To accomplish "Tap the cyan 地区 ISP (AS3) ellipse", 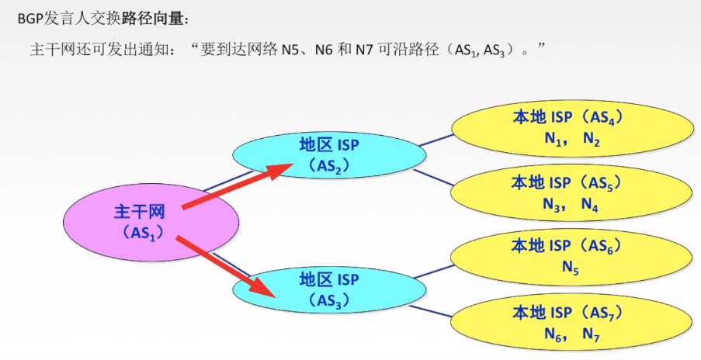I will pos(330,289).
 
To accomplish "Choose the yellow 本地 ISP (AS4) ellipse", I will pos(571,128).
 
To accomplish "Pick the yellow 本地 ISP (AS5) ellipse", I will pos(571,193).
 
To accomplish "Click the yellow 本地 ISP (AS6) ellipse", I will pos(571,256).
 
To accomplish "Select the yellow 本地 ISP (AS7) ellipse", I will pos(571,322).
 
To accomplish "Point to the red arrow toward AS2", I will pos(233,186).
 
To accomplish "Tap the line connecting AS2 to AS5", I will pos(436,178).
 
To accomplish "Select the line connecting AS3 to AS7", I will pos(439,309).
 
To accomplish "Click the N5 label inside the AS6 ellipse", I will pos(571,268).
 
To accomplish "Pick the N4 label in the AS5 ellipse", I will pos(590,206).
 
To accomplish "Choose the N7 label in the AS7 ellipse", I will pos(591,334).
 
